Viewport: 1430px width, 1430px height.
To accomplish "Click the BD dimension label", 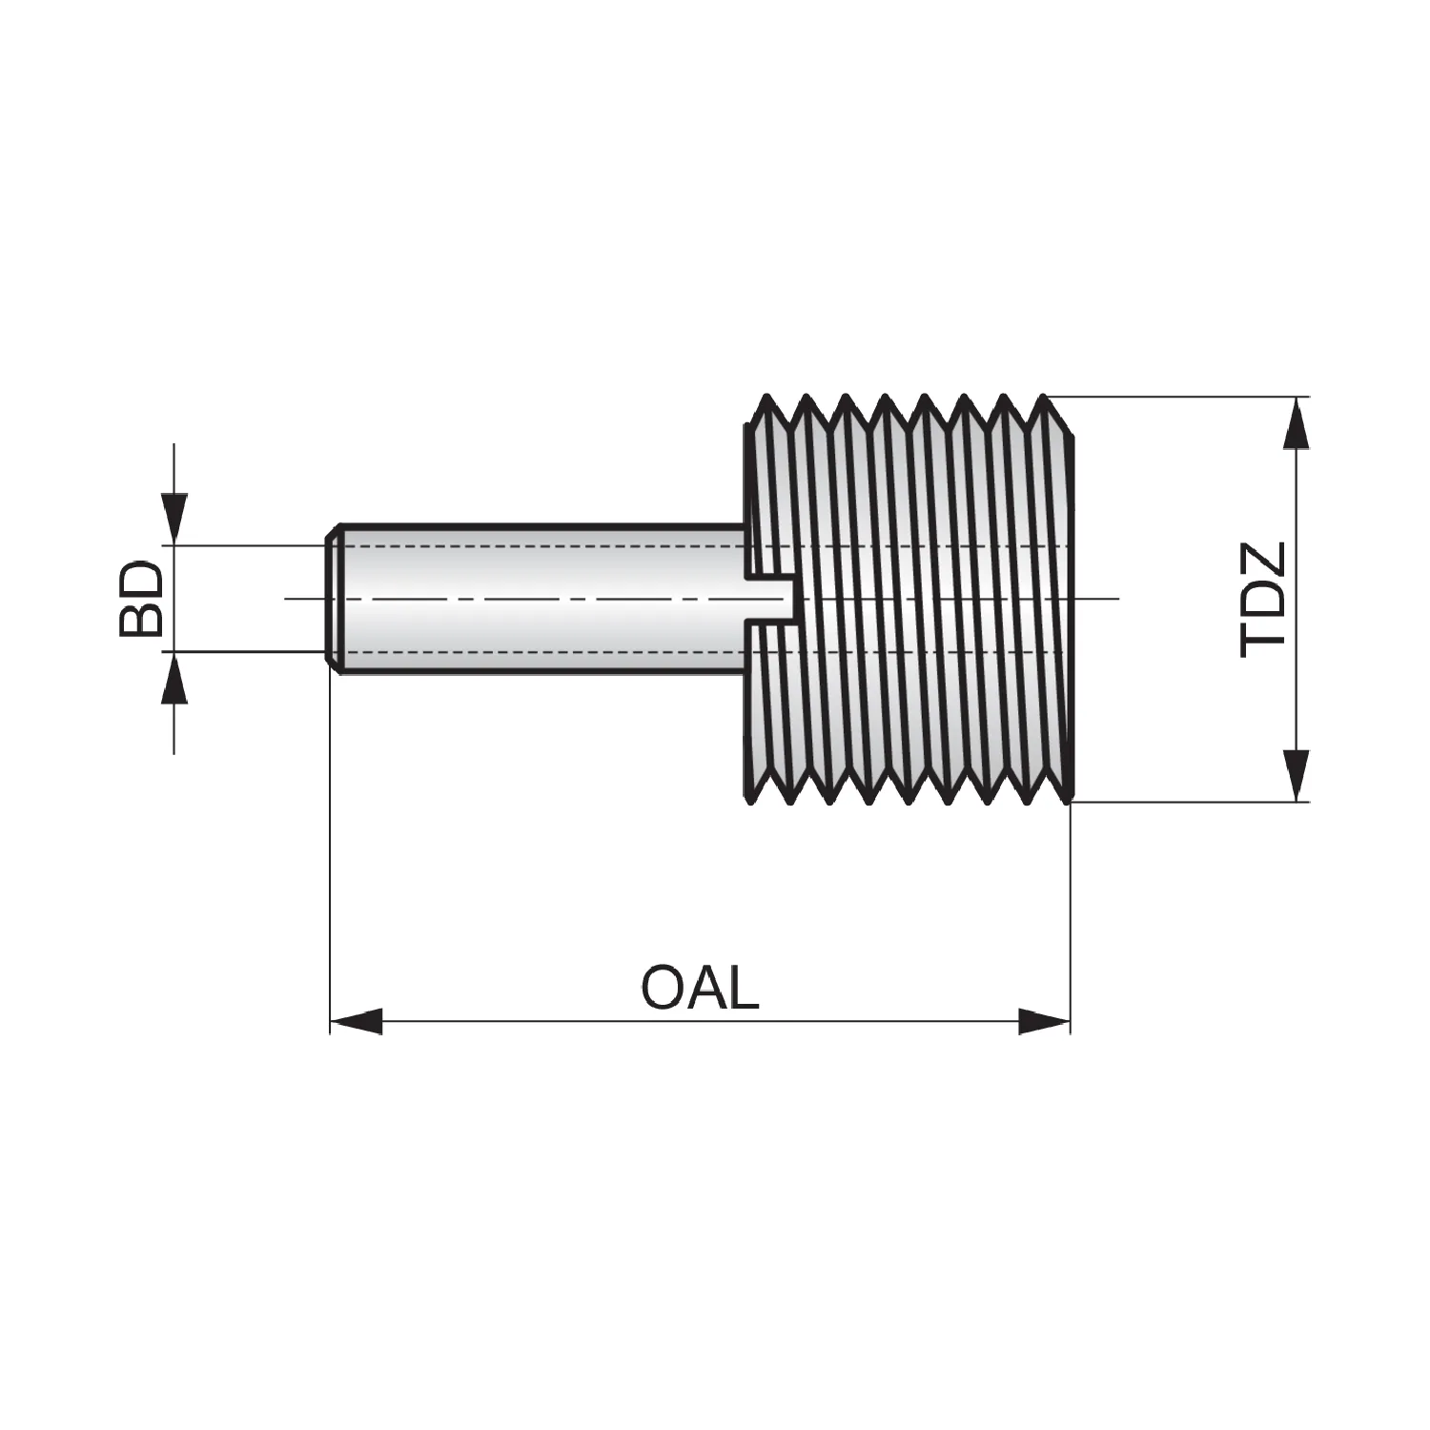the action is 141,599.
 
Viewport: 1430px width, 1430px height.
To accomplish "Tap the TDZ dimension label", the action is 1265,599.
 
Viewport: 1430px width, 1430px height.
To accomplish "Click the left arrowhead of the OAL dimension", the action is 356,1022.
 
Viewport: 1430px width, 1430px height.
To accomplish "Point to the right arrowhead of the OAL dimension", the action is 1045,1022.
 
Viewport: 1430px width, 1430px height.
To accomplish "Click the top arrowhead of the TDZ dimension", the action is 1295,422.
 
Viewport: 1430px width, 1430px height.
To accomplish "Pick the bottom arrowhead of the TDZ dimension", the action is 1295,775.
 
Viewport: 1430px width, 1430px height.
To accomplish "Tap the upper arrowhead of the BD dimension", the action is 174,519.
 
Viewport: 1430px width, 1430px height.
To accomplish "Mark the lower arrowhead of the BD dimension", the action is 174,678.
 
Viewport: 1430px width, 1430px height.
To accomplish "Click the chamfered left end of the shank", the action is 335,598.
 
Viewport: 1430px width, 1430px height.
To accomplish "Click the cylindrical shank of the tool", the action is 539,598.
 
